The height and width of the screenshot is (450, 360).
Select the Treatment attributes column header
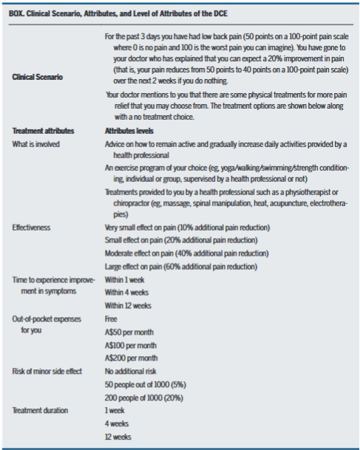[42, 131]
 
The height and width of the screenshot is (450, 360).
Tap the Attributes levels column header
[136, 131]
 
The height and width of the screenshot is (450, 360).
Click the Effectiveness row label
[32, 227]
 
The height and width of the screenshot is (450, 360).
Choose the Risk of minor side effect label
[47, 371]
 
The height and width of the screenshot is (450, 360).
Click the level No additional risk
[133, 371]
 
